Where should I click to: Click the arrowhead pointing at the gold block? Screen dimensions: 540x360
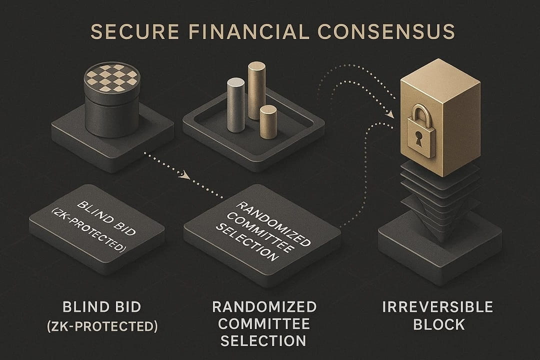coord(389,114)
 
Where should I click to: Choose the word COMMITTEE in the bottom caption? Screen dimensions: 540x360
coord(263,324)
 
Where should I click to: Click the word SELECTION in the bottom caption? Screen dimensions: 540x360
coord(263,341)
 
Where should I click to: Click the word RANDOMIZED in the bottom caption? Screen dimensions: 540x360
coord(263,307)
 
